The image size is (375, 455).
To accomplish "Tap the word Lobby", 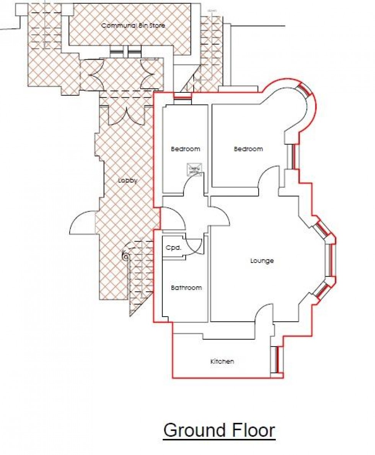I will [127, 181].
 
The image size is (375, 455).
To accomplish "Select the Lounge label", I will [262, 261].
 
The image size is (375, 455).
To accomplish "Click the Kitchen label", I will [222, 361].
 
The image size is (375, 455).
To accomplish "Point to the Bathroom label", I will [186, 287].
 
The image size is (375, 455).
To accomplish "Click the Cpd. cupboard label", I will [173, 248].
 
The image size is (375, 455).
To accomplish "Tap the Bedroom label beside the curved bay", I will [248, 149].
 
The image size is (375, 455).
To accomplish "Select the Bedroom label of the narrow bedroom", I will [185, 149].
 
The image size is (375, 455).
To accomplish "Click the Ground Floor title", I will [219, 430].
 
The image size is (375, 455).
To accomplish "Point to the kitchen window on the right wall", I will [274, 360].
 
